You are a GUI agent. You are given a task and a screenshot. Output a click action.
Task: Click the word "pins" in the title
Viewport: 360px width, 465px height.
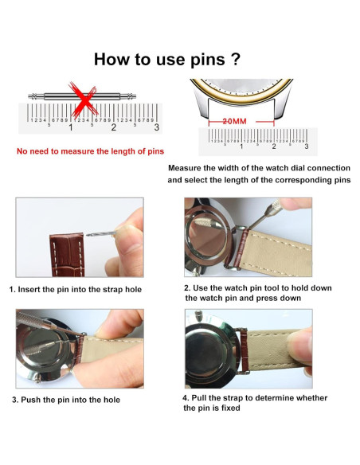tap(207, 61)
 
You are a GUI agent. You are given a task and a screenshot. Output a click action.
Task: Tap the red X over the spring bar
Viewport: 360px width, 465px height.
tap(84, 100)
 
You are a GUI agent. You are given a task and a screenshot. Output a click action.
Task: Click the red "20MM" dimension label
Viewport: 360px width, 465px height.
tap(235, 121)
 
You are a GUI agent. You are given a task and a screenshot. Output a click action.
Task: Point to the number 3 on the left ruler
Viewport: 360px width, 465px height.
tap(157, 127)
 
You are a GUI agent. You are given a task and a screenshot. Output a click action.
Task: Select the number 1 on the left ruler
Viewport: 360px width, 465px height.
tap(71, 127)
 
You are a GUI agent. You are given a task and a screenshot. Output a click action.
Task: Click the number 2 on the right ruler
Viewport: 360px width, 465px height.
tap(274, 147)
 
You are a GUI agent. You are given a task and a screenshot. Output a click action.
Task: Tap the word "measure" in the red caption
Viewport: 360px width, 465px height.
tap(77, 151)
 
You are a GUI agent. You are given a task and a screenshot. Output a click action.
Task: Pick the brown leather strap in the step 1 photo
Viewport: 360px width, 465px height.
tap(68, 255)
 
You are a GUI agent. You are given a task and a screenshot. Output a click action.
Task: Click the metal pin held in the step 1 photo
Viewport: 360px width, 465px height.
tap(100, 233)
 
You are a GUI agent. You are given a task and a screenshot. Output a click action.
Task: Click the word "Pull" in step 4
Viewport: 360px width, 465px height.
tap(198, 397)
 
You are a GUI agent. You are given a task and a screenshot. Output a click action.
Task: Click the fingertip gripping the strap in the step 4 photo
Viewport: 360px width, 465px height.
tap(299, 346)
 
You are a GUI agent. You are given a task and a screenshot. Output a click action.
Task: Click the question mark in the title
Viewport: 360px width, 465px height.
tap(235, 59)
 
